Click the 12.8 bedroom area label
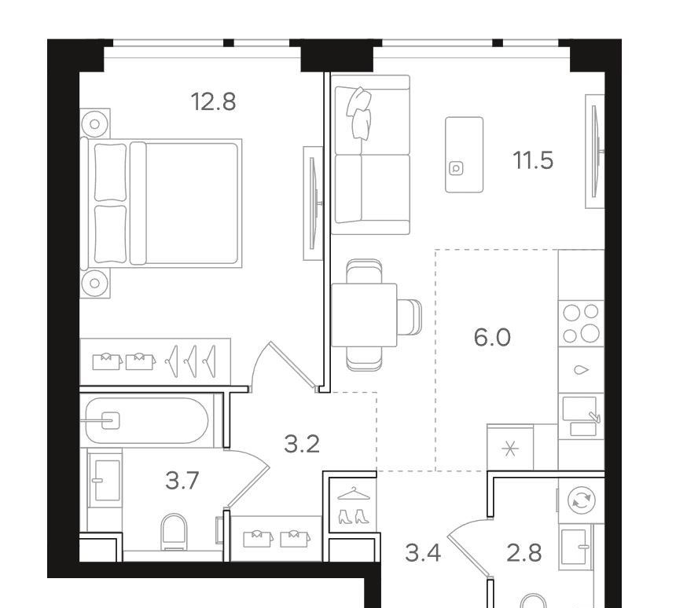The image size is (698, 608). pos(213,102)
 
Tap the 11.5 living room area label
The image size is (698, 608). pos(533,160)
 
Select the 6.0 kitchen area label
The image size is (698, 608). pos(492,337)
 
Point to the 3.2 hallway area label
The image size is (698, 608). pos(302,444)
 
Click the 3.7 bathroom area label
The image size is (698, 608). pos(182,481)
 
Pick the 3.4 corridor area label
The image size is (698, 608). pos(423,553)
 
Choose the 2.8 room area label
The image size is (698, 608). pos(524,553)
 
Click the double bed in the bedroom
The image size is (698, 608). pos(161,203)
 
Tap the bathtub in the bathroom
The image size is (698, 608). pos(147,420)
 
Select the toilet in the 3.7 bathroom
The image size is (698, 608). pos(174,532)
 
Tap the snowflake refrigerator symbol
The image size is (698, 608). pos(510,449)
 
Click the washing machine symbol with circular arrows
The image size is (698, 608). pos(582,500)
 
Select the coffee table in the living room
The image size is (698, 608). pos(465,155)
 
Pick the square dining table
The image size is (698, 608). pos(364,315)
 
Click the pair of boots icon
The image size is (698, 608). pos(354,516)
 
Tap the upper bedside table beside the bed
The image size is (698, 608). pos(95,123)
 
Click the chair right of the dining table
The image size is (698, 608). pos(409,317)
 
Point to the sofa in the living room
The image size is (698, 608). pos(370,155)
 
